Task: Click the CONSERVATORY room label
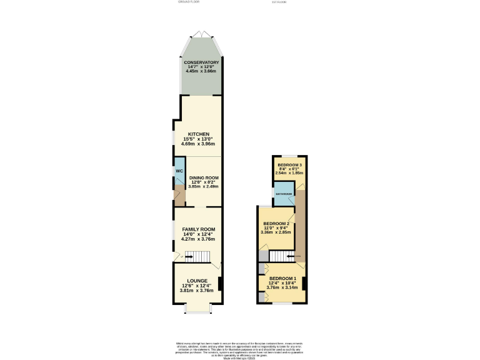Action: (201, 62)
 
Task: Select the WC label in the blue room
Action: (178, 171)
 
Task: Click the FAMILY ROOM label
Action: (198, 229)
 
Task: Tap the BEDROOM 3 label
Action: (289, 164)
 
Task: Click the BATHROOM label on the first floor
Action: (284, 194)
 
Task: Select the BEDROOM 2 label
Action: (276, 223)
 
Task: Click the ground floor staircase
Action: (198, 257)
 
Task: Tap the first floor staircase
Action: (281, 256)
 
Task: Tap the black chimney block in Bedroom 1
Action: (304, 282)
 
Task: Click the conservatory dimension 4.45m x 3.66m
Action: (201, 71)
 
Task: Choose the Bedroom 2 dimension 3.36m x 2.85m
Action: (276, 232)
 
